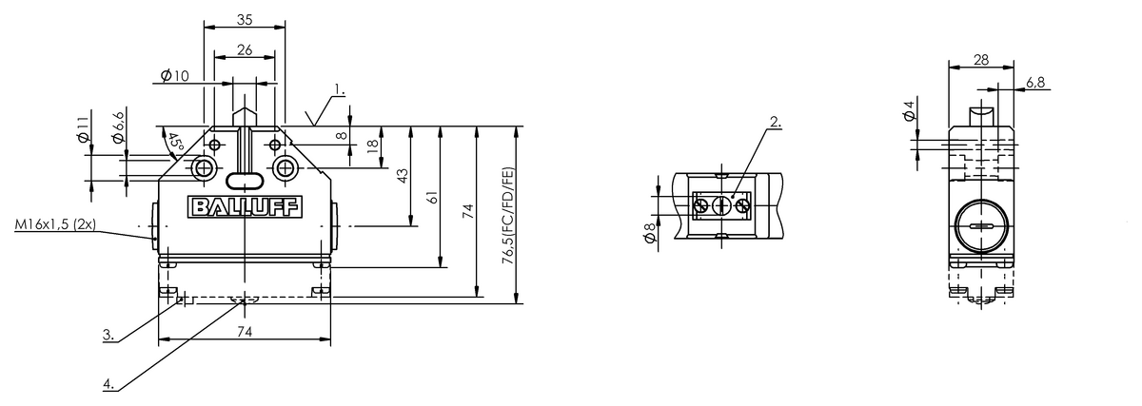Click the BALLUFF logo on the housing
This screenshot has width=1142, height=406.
tap(246, 207)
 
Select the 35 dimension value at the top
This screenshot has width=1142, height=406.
tap(245, 20)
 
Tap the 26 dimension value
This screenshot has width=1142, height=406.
tap(245, 50)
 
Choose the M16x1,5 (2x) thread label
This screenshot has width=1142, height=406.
tap(55, 224)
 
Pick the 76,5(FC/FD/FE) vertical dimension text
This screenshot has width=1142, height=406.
tap(508, 216)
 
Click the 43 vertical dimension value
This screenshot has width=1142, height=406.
tap(403, 176)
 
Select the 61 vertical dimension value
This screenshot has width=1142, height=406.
tap(432, 197)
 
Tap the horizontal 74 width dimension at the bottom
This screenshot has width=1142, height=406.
tap(245, 332)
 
